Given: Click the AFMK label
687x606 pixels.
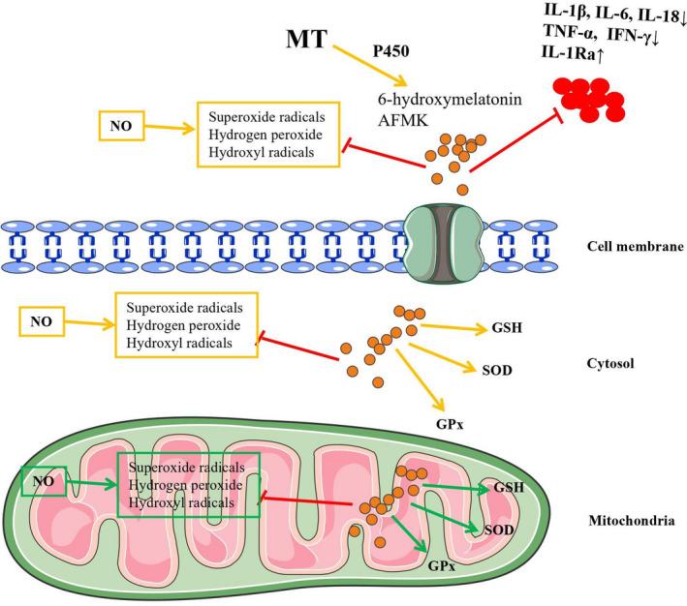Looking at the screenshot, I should point(402,119).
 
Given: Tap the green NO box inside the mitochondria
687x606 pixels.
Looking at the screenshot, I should point(43,480).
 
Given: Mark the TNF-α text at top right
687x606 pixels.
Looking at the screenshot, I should point(576,33).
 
